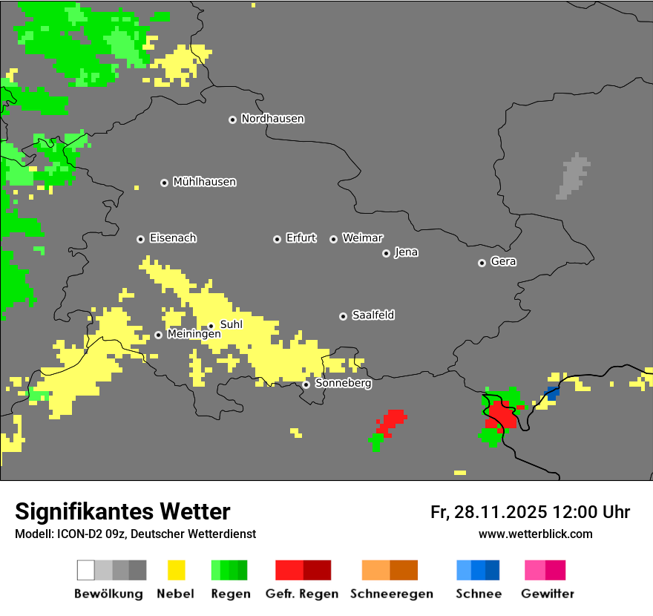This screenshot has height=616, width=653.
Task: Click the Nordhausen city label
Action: [x=272, y=119]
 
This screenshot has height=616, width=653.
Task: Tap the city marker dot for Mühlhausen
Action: [x=164, y=183]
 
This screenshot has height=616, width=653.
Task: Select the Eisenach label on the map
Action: [x=173, y=238]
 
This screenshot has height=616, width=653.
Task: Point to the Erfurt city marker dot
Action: [x=277, y=239]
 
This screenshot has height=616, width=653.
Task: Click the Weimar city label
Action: [x=363, y=238]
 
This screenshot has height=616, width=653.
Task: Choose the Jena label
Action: [x=406, y=252]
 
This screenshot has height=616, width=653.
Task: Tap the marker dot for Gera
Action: [x=482, y=263]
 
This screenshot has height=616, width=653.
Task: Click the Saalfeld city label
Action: [x=373, y=315]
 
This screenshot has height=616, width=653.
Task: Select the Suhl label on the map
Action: [x=232, y=324]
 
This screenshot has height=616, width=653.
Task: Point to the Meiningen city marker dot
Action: [x=158, y=335]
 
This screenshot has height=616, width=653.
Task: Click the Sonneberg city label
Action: [x=344, y=384]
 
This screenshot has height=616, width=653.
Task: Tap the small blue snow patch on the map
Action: [x=551, y=393]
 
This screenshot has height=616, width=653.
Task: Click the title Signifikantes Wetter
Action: [x=122, y=511]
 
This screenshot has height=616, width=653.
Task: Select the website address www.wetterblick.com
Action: [x=535, y=534]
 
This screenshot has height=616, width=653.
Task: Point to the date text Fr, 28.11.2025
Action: [x=489, y=512]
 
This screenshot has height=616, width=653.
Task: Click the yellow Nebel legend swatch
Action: [x=175, y=570]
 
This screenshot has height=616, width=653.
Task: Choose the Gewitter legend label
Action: [x=548, y=594]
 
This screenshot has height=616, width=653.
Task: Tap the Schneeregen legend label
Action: [x=392, y=594]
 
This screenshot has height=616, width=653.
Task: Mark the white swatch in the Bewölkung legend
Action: [x=85, y=570]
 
